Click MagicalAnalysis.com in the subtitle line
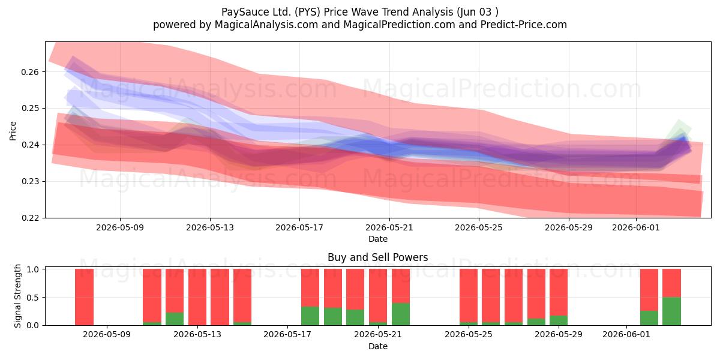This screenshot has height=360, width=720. pos(266,25)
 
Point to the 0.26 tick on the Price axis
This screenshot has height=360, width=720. pos(30,72)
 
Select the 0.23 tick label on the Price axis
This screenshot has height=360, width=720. pos(30,182)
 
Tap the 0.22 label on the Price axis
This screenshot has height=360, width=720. pos(30,218)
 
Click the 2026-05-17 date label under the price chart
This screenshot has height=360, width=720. pos(299,227)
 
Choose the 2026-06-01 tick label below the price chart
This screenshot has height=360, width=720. pos(636,227)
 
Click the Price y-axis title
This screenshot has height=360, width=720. pos(13,131)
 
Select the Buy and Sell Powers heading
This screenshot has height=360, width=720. pos(377,257)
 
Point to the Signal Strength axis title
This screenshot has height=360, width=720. pos(17,296)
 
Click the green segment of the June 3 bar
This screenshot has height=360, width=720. pos(671,311)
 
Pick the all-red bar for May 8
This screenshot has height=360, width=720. pos(84,297)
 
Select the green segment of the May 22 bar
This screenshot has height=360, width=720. pos(401,314)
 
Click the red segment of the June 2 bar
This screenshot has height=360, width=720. pos(649,290)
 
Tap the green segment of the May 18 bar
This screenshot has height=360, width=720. pos(310,316)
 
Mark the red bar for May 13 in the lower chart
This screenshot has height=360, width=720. pos(220,297)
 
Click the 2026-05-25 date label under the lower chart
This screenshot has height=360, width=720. pos(469,335)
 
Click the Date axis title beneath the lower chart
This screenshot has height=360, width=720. pos(377,347)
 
